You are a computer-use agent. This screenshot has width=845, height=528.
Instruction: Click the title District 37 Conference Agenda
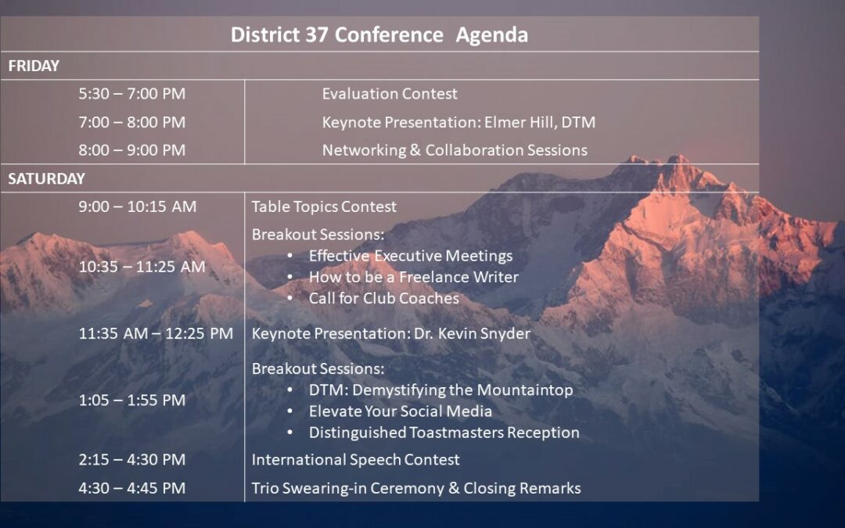point(379,35)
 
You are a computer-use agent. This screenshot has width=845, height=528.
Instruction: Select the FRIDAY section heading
point(34,66)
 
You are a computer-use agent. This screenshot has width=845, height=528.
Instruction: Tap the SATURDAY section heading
point(46,178)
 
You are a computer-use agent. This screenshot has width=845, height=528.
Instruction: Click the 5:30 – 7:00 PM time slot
point(132,94)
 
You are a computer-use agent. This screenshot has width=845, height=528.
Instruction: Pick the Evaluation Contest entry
point(390,94)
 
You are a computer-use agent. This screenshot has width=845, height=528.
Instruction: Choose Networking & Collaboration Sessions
point(455,150)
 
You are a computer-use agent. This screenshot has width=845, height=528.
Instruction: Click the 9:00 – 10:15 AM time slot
point(138,207)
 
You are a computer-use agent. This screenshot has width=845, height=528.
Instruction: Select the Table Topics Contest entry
point(324,207)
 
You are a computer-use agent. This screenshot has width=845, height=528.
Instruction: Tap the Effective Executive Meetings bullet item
point(411,256)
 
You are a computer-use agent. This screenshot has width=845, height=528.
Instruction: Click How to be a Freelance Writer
point(413,277)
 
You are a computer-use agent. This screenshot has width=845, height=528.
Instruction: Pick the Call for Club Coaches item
point(383,299)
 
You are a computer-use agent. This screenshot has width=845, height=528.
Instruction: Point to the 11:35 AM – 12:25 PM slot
point(156,333)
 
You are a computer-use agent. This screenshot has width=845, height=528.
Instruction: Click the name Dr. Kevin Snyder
point(472,333)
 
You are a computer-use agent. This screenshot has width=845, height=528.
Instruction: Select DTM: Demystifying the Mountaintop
point(440,390)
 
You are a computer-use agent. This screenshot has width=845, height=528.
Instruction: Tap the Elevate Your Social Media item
point(401,411)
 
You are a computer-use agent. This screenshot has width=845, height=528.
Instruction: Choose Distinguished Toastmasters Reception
point(444,433)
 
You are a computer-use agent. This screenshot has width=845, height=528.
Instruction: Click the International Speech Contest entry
point(356,460)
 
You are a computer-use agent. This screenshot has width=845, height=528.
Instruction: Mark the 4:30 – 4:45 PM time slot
point(132,488)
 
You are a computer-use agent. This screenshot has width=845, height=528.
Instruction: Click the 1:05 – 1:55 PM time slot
point(132,400)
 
